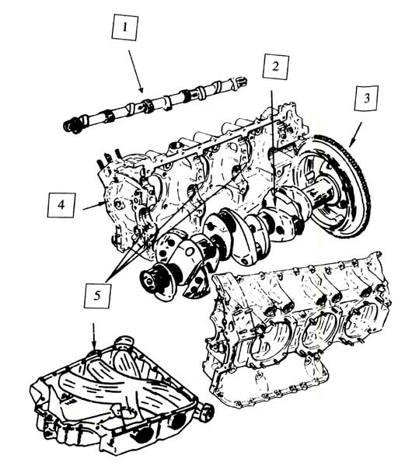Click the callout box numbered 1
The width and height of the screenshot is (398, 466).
click(127, 31)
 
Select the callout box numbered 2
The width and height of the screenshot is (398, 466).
click(274, 66)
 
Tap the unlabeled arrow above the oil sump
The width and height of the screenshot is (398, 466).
click(94, 336)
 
